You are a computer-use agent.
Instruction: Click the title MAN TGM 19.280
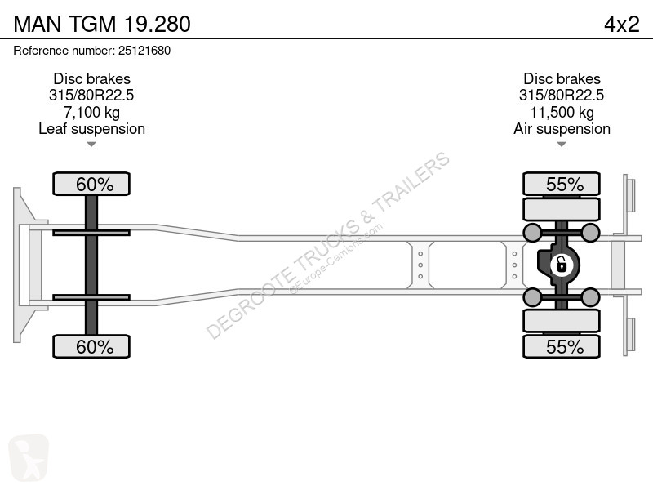point(102,24)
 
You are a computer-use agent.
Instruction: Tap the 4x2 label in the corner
point(622,24)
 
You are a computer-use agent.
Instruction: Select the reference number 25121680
point(144,51)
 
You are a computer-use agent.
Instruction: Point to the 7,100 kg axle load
point(91,112)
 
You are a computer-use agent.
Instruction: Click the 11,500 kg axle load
point(562,112)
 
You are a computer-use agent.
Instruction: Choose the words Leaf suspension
point(91,129)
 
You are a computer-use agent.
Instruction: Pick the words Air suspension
point(562,129)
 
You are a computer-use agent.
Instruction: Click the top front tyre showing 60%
point(91,184)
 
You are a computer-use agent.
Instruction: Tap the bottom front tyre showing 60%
point(91,346)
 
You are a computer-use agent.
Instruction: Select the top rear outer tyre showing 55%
point(562,184)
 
